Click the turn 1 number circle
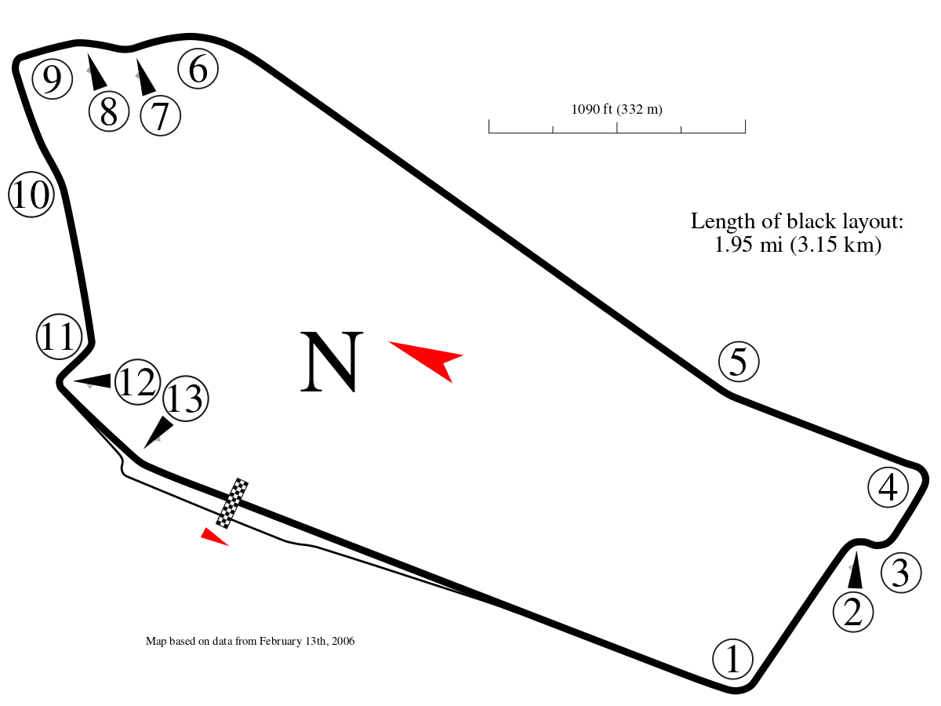(733, 659)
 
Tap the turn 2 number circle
(852, 612)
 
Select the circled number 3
(900, 573)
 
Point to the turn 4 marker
(888, 488)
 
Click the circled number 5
(739, 362)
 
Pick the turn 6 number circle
(198, 69)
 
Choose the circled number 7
(160, 115)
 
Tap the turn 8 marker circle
(109, 111)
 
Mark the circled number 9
(52, 79)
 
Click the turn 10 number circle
(31, 195)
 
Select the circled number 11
(60, 337)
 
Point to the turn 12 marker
(137, 382)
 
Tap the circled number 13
(185, 399)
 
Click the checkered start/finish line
(231, 504)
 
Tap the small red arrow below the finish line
(213, 537)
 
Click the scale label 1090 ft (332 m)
(617, 110)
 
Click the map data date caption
(250, 642)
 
